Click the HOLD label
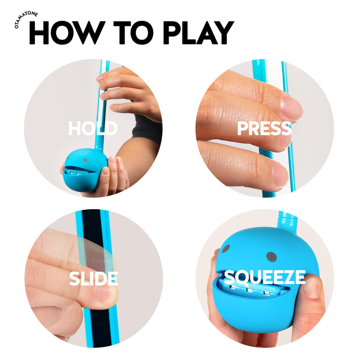[x=92, y=129]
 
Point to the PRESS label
[x=264, y=129]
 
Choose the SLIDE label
[x=93, y=278]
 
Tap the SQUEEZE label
[x=264, y=278]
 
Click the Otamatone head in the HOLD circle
[x=81, y=169]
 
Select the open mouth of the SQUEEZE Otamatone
[x=251, y=290]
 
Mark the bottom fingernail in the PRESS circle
[x=280, y=174]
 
